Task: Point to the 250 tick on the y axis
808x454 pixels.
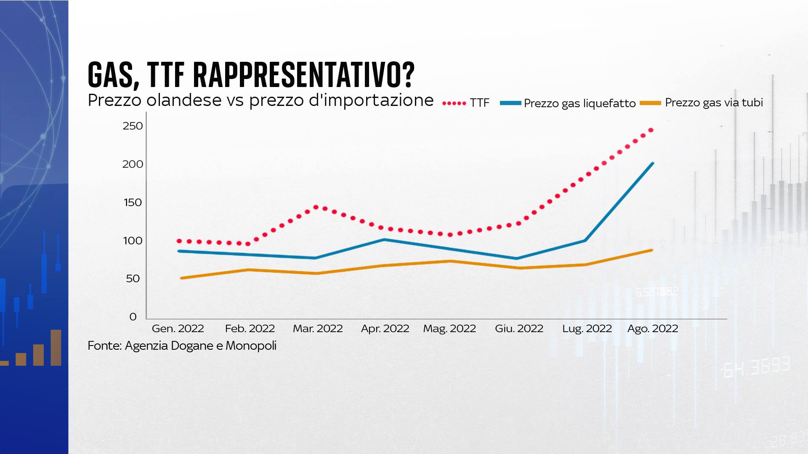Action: (x=133, y=126)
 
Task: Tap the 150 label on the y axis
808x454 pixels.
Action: (x=133, y=203)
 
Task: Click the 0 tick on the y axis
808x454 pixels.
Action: (x=133, y=317)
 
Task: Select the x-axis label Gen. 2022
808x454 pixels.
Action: (x=178, y=329)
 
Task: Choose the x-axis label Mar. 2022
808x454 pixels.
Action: (x=318, y=329)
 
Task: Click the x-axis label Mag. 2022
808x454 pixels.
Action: (x=449, y=329)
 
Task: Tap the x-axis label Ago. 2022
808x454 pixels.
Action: (x=653, y=329)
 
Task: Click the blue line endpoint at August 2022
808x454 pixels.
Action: (x=652, y=164)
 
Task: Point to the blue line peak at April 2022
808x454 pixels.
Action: (x=384, y=240)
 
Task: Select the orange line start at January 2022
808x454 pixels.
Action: (x=181, y=278)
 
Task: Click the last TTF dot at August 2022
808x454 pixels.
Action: (x=651, y=130)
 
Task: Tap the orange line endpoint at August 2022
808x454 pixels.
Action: (x=651, y=250)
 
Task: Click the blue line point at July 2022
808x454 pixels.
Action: (x=585, y=240)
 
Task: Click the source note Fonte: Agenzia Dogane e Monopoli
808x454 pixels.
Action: (x=182, y=346)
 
